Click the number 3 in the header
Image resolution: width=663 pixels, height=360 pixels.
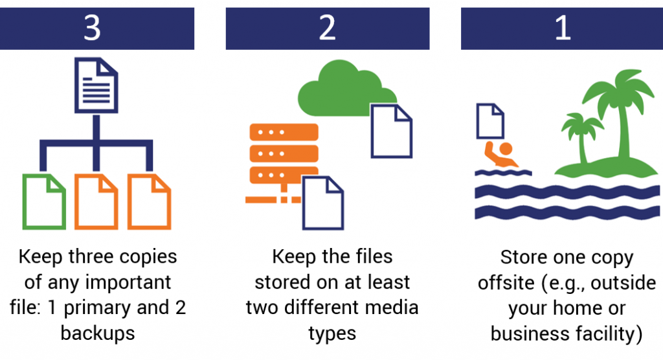pos(92,29)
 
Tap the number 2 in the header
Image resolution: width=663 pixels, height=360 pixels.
pos(327,29)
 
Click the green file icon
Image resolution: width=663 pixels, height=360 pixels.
pos(44,201)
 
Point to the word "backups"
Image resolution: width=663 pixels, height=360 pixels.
pos(98,333)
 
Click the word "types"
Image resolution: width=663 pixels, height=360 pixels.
pos(332,333)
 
